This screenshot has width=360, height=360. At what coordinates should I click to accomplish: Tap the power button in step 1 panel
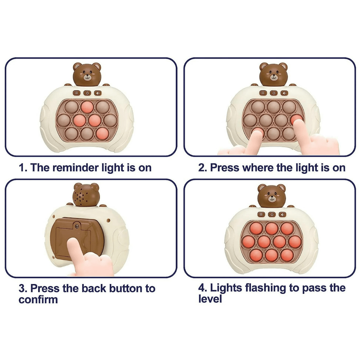point(87,93)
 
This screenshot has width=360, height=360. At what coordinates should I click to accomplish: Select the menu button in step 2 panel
point(263,93)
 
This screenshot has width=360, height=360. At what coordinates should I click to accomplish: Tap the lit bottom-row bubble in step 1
point(103,134)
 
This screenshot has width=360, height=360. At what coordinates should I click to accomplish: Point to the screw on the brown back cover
point(76,226)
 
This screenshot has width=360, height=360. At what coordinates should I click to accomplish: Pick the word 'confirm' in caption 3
point(38,300)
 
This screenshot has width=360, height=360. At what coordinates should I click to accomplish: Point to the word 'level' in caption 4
point(210,299)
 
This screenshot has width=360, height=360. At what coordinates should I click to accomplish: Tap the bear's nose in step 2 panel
point(274,76)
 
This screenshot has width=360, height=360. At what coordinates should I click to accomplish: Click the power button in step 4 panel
point(272,214)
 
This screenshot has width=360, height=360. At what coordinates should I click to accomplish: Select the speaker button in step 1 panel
point(98,93)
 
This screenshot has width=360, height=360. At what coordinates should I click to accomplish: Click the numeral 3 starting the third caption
point(22,289)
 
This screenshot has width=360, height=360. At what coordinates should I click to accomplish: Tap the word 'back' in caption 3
point(94,288)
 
